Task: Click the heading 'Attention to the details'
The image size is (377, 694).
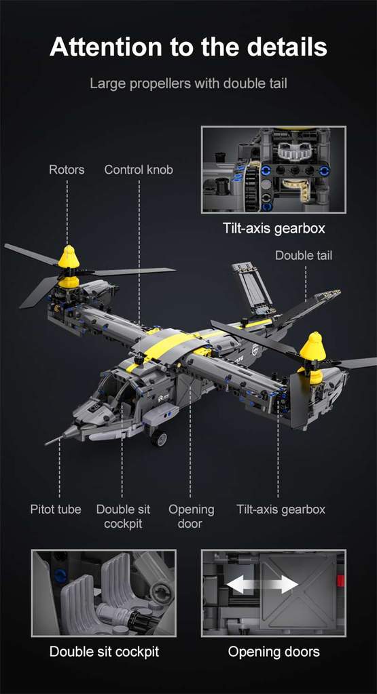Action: pyautogui.click(x=188, y=47)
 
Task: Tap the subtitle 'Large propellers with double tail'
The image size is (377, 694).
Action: pyautogui.click(x=188, y=84)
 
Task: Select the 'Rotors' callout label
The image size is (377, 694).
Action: pyautogui.click(x=67, y=170)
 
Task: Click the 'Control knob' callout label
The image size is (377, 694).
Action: pyautogui.click(x=139, y=170)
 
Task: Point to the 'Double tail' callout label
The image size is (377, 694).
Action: pyautogui.click(x=304, y=256)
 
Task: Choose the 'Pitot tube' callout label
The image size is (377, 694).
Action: pyautogui.click(x=56, y=509)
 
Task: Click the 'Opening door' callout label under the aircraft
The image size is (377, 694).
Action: pyautogui.click(x=191, y=516)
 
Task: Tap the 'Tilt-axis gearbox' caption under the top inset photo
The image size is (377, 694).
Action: pyautogui.click(x=274, y=228)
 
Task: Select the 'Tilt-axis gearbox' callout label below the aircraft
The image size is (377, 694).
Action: pyautogui.click(x=281, y=509)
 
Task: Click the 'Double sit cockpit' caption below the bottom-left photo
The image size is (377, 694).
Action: pyautogui.click(x=104, y=652)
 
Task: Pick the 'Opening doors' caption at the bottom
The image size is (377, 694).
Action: pyautogui.click(x=274, y=652)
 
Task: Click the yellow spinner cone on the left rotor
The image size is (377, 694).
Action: pyautogui.click(x=68, y=257)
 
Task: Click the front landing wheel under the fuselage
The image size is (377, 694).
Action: pyautogui.click(x=160, y=438)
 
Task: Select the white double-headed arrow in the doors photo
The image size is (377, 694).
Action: pyautogui.click(x=262, y=585)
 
